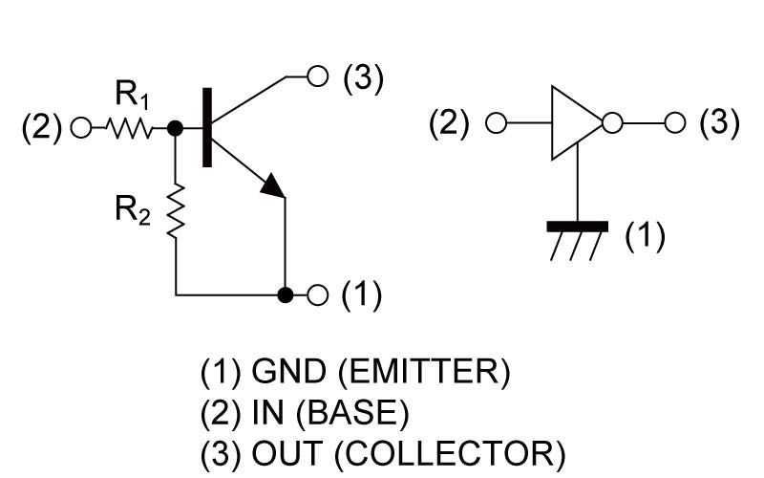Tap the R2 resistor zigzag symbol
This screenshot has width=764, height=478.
[x=176, y=211]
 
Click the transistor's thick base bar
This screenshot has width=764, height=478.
[x=206, y=126]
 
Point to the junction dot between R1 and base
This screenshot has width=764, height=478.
[x=175, y=127]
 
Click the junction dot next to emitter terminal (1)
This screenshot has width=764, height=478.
[x=285, y=294]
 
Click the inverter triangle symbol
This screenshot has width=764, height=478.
[x=574, y=123]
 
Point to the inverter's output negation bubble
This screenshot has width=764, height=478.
[x=613, y=123]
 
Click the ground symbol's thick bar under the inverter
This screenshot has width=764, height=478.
[x=578, y=227]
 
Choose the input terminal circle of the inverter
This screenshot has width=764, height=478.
[x=495, y=123]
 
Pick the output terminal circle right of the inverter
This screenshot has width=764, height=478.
[x=675, y=123]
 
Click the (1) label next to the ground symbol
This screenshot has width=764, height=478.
[x=645, y=234]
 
